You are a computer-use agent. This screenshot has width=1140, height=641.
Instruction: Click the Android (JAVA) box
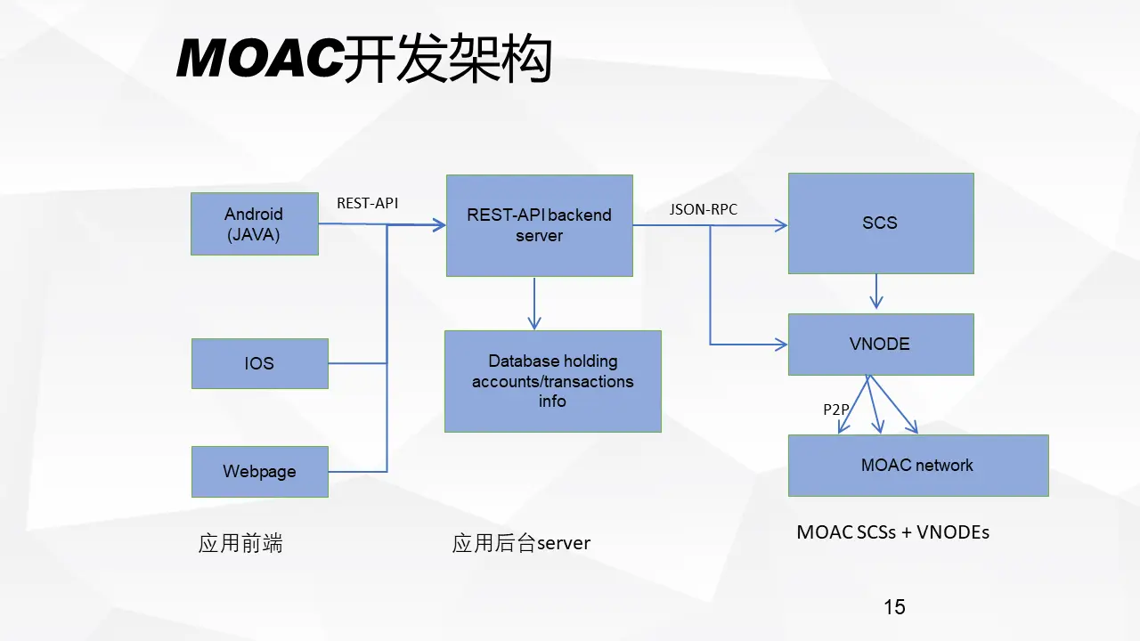(255, 223)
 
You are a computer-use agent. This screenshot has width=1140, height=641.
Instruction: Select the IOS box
(259, 363)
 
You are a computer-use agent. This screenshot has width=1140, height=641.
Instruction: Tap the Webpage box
(259, 472)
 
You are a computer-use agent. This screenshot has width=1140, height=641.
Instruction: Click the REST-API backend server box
(540, 225)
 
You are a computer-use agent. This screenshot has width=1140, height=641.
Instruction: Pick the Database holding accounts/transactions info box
(553, 381)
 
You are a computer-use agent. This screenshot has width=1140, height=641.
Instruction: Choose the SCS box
(881, 223)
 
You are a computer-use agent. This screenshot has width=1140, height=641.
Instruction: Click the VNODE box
(881, 345)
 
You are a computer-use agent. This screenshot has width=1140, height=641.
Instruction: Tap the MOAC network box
(918, 466)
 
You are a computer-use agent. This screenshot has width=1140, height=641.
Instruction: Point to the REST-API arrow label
(368, 203)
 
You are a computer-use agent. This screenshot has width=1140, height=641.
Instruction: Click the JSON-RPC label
(704, 209)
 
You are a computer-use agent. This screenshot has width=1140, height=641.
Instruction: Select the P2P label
(836, 410)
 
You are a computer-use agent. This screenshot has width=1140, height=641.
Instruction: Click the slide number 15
(894, 607)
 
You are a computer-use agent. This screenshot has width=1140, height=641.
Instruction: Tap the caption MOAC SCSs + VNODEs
(892, 532)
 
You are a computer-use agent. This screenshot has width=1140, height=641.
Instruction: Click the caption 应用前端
(240, 543)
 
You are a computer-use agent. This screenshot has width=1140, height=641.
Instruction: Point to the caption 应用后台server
(521, 543)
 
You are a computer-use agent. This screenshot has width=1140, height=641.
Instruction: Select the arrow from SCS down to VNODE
(875, 291)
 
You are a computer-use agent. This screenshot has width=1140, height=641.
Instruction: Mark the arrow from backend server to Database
(533, 304)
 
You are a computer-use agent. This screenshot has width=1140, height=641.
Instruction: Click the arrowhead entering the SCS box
(781, 225)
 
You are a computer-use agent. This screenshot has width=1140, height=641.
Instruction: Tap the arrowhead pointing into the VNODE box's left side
(781, 345)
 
